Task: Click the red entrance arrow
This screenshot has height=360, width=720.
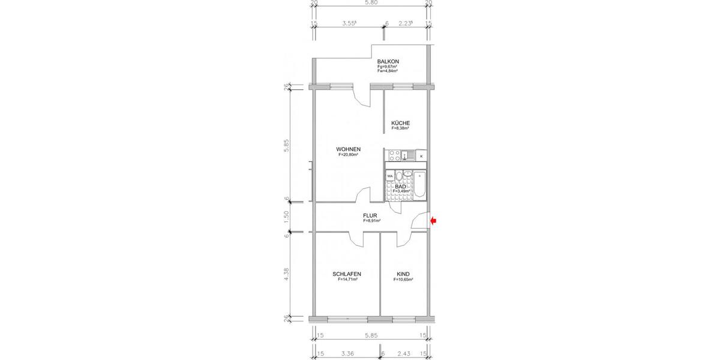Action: [434, 221]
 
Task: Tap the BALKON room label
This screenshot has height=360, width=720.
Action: [388, 62]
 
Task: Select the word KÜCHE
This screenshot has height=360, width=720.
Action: [400, 123]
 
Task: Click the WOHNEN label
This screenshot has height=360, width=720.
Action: [348, 149]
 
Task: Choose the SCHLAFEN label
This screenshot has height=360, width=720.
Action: [347, 274]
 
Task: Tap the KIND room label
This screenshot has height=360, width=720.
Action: [403, 274]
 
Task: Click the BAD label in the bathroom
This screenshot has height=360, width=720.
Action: [400, 187]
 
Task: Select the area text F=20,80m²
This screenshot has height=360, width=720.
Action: [348, 155]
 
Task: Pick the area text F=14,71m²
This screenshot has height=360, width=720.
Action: [347, 280]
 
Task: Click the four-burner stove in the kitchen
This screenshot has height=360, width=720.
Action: [394, 155]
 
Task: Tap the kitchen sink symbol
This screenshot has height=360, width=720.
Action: [407, 155]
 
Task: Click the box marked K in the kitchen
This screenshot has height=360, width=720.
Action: [421, 156]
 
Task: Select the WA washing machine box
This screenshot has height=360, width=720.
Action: [390, 176]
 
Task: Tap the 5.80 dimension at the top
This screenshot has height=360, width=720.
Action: [371, 3]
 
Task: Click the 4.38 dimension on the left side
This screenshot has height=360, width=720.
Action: [287, 275]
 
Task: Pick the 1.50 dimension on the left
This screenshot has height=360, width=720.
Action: [287, 216]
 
